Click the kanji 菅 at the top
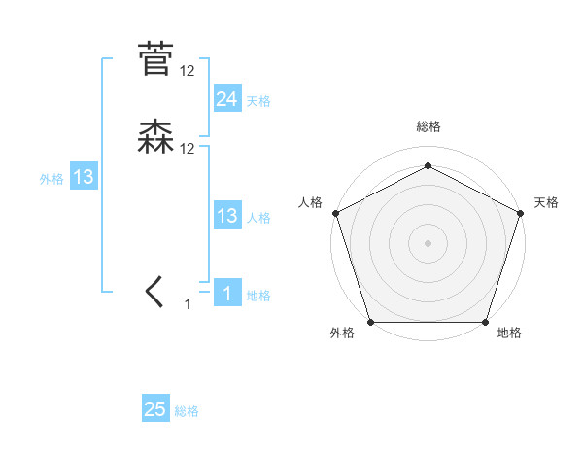click(155, 58)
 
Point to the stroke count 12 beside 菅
click(188, 70)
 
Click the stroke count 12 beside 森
click(188, 148)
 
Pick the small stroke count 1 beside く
click(189, 305)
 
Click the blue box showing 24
click(227, 98)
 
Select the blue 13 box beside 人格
click(227, 216)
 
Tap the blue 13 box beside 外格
click(84, 177)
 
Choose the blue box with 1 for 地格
click(227, 293)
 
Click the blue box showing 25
click(155, 409)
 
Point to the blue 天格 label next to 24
click(258, 101)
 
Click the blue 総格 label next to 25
click(187, 412)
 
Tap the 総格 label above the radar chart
click(428, 127)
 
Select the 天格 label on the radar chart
click(546, 202)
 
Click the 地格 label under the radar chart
click(509, 333)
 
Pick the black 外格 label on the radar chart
click(342, 333)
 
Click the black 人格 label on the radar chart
click(310, 202)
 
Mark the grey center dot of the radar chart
click(428, 242)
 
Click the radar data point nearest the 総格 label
click(428, 165)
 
